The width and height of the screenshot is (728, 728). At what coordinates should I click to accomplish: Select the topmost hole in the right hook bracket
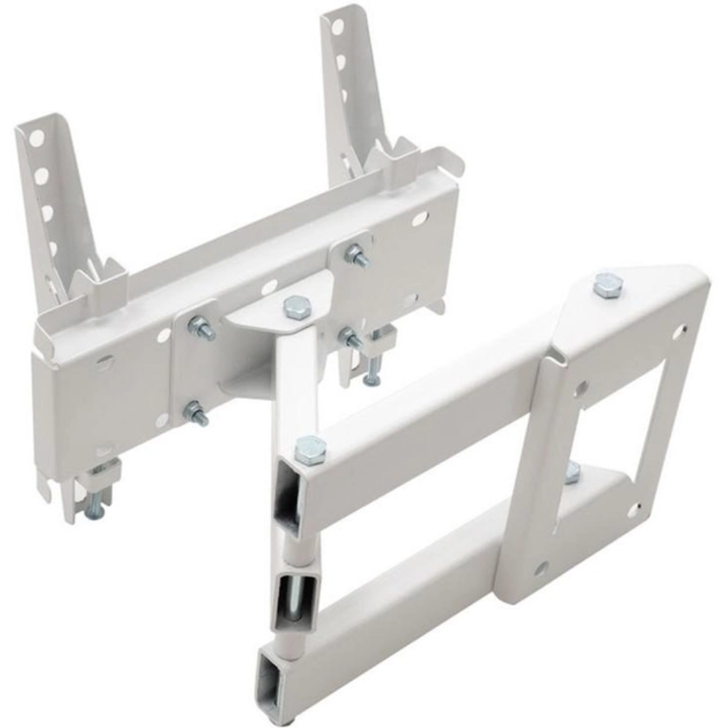[x=337, y=28]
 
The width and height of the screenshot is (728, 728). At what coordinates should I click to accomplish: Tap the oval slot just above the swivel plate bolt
[x=270, y=287]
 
